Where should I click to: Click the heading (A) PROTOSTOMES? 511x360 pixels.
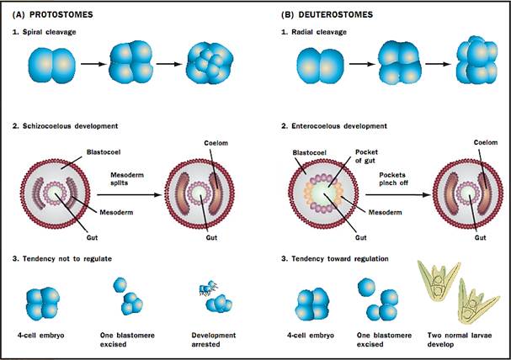pos(50,14)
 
